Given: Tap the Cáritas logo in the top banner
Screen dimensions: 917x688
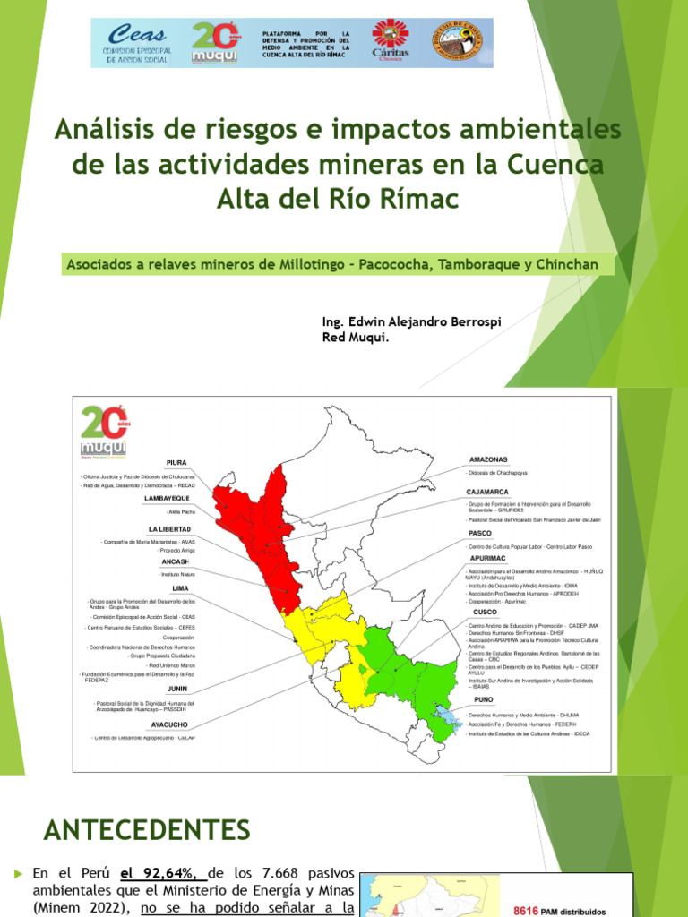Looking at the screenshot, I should [x=390, y=43].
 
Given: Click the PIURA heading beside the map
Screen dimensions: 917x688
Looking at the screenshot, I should [x=176, y=462].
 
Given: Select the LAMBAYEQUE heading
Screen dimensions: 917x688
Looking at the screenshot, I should [x=168, y=498].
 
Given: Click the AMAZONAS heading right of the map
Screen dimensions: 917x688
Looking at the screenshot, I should [x=489, y=459].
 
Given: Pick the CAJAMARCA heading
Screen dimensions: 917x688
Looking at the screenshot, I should [x=488, y=492].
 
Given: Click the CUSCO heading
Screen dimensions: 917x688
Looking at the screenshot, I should [x=486, y=612].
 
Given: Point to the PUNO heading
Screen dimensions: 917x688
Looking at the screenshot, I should [x=484, y=699].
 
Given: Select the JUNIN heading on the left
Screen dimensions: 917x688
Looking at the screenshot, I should [x=177, y=689].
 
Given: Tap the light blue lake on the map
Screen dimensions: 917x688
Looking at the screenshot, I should [x=442, y=716].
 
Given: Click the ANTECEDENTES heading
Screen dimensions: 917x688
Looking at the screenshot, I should [x=147, y=829].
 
